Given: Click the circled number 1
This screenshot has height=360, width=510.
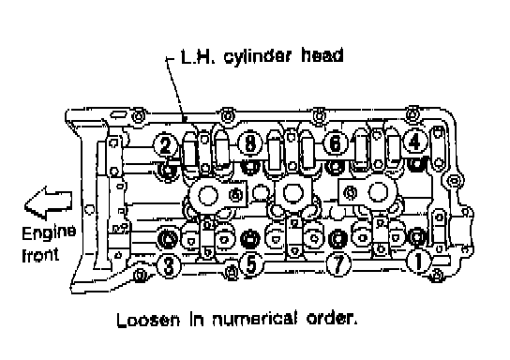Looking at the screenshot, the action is [419, 262].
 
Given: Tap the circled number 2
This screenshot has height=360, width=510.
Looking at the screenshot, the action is [166, 144].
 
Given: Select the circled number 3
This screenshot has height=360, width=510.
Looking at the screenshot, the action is [169, 265].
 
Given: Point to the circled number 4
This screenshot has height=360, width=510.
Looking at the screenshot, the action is [414, 142].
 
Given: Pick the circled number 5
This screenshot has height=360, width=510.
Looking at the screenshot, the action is [251, 264].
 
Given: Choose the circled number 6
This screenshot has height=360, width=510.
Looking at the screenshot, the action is [336, 142].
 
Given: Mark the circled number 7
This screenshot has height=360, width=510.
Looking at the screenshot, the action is [338, 264].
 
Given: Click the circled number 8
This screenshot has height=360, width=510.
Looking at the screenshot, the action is [250, 143].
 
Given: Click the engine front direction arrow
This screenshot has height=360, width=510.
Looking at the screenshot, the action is [48, 202].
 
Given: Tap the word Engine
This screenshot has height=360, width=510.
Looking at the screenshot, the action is [49, 233].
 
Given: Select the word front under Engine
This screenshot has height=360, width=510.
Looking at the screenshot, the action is [40, 255].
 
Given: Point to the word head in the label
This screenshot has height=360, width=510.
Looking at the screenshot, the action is [322, 55].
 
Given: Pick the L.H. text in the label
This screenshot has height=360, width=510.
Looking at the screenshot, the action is [198, 56].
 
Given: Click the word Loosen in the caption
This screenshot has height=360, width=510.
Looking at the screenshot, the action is [148, 320].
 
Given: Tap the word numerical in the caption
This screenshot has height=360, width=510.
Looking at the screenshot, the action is [255, 319].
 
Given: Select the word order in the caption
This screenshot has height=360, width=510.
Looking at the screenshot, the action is [332, 319].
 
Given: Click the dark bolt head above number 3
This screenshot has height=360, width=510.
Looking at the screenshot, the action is [169, 239].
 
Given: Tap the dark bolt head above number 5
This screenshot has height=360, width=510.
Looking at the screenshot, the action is [249, 238].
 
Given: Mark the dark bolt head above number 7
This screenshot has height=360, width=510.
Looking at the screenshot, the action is [337, 238].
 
